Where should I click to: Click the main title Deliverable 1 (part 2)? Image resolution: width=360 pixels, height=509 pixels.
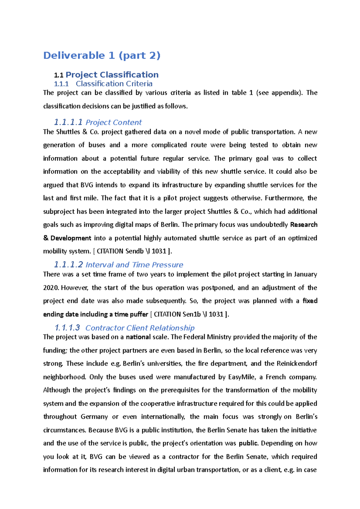pyautogui.click(x=102, y=55)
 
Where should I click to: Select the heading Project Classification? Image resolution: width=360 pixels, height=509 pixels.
pyautogui.click(x=112, y=75)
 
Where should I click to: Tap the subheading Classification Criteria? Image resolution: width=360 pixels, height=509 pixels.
pyautogui.click(x=114, y=84)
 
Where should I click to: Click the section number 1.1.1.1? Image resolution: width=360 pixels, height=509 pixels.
pyautogui.click(x=68, y=122)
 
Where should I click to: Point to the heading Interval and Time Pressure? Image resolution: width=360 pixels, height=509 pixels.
pyautogui.click(x=134, y=265)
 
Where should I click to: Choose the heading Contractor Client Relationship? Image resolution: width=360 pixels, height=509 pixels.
pyautogui.click(x=140, y=328)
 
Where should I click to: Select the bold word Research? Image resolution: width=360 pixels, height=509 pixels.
pyautogui.click(x=304, y=225)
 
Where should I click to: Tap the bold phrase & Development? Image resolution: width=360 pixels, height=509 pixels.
pyautogui.click(x=67, y=238)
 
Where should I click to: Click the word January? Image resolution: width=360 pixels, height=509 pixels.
pyautogui.click(x=305, y=274)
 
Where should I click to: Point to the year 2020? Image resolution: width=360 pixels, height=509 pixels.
pyautogui.click(x=51, y=288)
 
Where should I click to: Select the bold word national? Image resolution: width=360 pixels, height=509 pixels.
pyautogui.click(x=138, y=337)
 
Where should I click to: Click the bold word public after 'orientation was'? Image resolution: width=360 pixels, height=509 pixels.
pyautogui.click(x=248, y=443)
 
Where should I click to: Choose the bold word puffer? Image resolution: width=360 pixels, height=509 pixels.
pyautogui.click(x=139, y=314)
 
